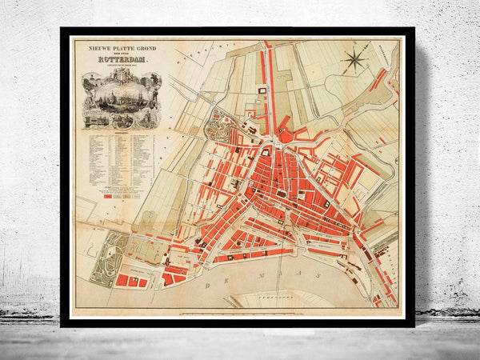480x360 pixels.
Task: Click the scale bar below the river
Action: tap(240, 313)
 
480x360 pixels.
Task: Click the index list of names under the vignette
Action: tap(119, 160)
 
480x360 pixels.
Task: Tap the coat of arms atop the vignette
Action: tap(119, 73)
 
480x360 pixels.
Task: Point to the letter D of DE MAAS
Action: tap(210, 283)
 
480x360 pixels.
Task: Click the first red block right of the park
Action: tap(123, 281)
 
